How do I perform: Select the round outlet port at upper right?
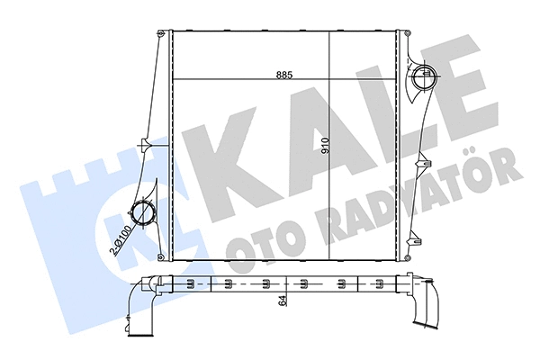(423, 78)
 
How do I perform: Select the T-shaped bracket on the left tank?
(144, 143)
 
